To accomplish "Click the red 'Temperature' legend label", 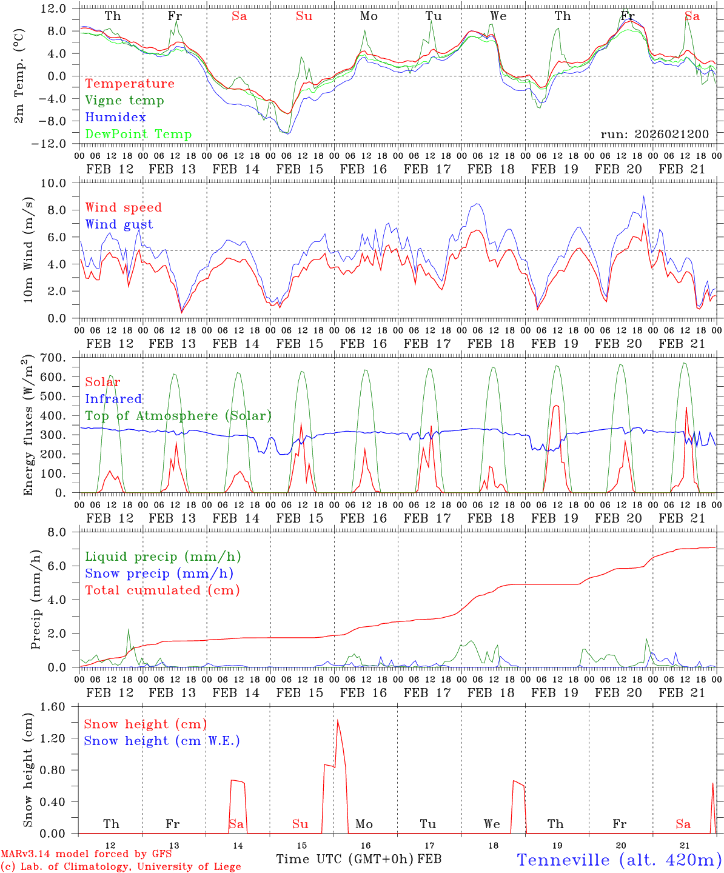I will point(129,84).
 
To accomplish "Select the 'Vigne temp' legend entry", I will point(124,101).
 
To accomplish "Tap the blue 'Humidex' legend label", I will point(115,117).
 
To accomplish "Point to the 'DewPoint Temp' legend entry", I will point(138,134).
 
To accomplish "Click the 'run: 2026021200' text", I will point(654,134).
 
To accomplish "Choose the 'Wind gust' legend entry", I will point(119,224).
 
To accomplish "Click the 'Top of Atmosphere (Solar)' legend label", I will point(178,416).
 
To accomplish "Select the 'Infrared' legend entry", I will point(113,399).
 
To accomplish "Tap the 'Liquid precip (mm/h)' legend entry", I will point(163,557).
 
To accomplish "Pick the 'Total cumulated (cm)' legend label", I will point(162,590).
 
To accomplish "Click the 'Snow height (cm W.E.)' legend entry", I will point(161,741).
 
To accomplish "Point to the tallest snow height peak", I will point(337,720).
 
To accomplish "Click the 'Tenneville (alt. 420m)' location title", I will point(618,860).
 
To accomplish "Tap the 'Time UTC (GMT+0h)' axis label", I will point(345,859).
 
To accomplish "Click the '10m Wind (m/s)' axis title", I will point(28,250).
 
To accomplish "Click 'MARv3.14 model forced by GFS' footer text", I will point(86,854).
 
